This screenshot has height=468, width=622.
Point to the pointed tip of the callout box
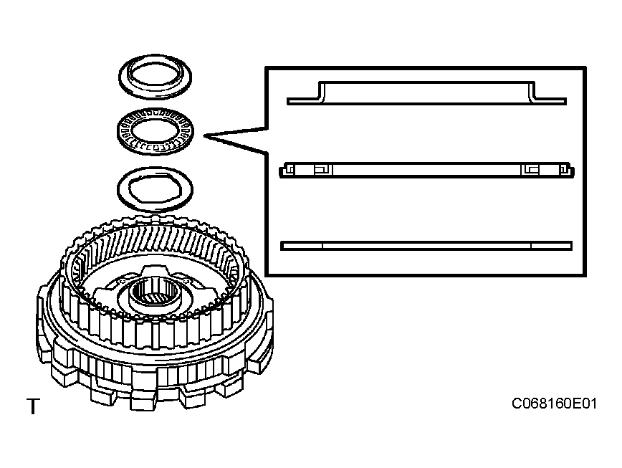[x=206, y=135]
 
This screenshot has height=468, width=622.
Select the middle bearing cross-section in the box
[x=426, y=169]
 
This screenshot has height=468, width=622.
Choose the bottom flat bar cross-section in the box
[x=426, y=245]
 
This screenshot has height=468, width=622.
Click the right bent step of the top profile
[x=534, y=92]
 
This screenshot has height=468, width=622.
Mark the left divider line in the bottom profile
[x=323, y=245]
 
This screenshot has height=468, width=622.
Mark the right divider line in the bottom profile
[x=530, y=245]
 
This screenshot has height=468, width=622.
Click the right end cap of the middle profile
[x=570, y=169]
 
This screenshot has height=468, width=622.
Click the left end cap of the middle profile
[x=284, y=169]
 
